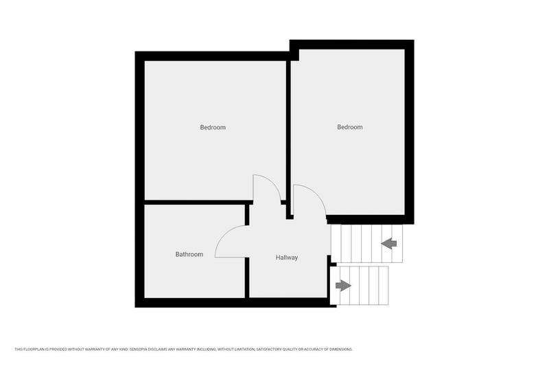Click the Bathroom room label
pos(189,255)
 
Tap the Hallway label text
pos(287,258)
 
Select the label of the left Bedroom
pos(213,128)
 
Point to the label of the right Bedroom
pos(350,127)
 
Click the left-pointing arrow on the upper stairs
pos(389,243)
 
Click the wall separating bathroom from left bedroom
pos(196,203)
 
